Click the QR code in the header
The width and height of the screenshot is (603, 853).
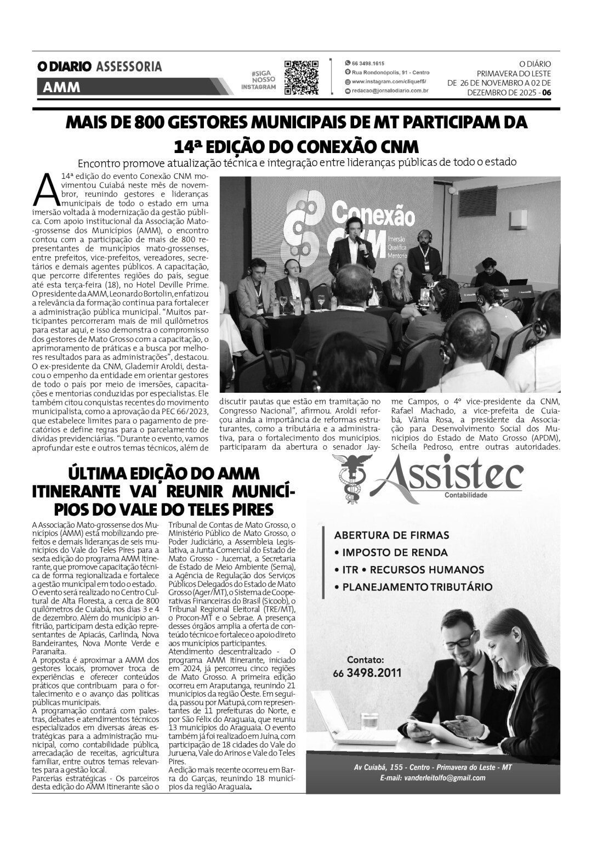tap(301, 78)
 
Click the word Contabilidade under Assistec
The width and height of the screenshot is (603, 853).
tap(465, 495)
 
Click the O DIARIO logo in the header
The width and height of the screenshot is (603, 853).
tap(64, 67)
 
